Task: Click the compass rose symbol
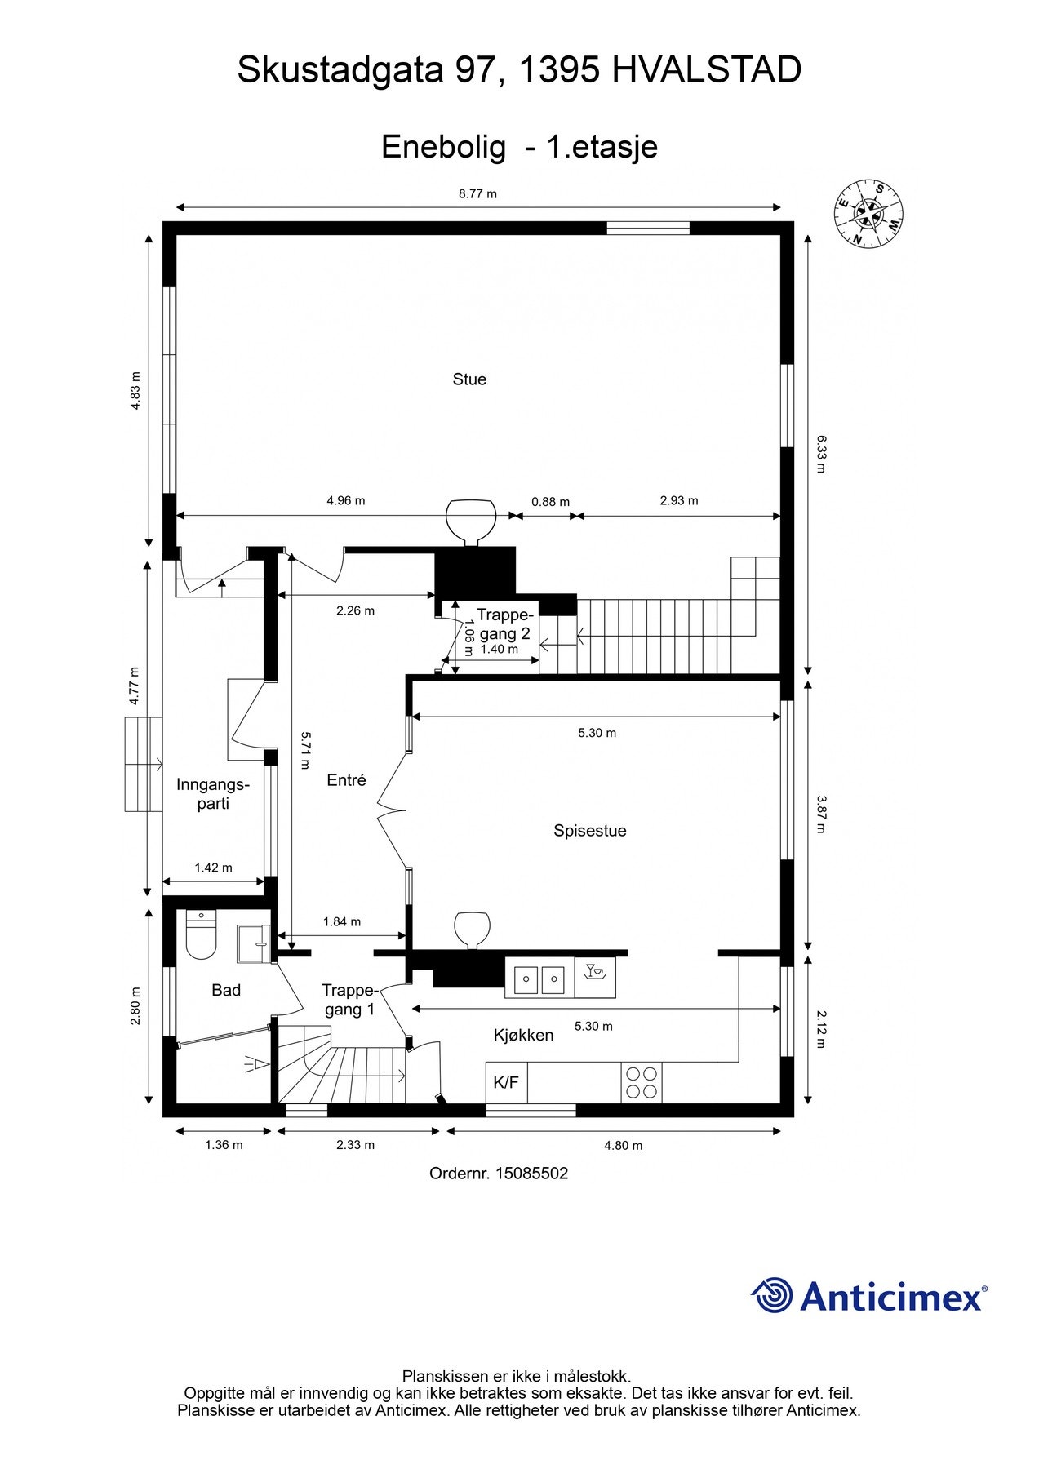coord(868,213)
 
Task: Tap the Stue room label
coord(469,379)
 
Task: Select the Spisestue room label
coord(589,831)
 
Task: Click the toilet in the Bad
coord(200,934)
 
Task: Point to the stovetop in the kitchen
coord(641,1082)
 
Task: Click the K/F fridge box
coord(506,1082)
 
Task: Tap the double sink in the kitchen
coord(539,977)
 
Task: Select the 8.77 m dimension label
coord(477,193)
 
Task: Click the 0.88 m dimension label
coord(550,502)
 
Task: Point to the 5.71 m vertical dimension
coord(304,750)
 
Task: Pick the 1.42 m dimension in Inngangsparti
coord(213,868)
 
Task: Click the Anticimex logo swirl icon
coord(771,1296)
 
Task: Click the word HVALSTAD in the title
coord(706,71)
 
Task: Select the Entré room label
coord(346,780)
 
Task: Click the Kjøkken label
coord(523,1036)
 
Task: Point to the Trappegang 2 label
coord(504,624)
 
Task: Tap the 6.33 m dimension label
coord(821,454)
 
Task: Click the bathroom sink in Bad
coord(253,944)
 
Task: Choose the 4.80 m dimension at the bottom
coord(623,1145)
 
